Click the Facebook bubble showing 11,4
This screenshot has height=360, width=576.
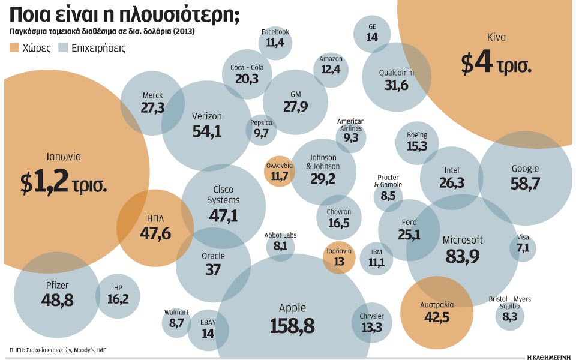click(x=275, y=41)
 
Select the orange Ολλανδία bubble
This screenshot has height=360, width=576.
click(x=280, y=173)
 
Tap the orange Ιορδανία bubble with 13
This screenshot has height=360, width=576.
click(x=339, y=257)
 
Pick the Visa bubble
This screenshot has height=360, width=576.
click(x=523, y=248)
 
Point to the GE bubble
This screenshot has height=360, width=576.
click(x=372, y=34)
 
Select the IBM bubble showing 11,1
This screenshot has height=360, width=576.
click(x=376, y=259)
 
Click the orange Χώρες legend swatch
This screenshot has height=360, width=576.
click(x=14, y=47)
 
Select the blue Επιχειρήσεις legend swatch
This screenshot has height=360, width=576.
click(x=63, y=47)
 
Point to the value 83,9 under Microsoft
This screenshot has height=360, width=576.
click(x=462, y=256)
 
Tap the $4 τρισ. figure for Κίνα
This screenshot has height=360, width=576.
click(x=496, y=64)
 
